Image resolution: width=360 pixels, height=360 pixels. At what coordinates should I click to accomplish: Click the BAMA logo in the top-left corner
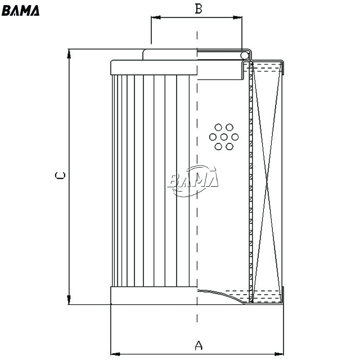20,11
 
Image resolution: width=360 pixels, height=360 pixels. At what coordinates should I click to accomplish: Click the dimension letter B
199,9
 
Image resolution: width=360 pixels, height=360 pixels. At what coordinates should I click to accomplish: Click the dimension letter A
199,345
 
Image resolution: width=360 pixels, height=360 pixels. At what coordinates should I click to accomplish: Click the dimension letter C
60,175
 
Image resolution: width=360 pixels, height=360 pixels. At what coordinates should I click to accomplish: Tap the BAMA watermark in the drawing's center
192,180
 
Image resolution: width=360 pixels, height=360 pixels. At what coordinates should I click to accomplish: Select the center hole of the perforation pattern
224,137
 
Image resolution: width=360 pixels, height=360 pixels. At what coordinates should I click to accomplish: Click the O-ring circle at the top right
245,55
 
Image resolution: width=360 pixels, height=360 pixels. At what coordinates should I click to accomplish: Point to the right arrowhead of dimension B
237,17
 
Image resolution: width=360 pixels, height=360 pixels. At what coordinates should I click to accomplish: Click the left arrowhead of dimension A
115,354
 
